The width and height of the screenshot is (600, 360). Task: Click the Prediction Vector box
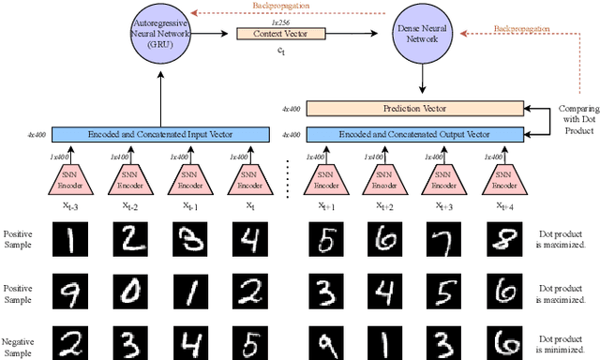[x=416, y=110]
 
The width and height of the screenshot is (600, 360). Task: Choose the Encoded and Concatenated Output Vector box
[x=416, y=135]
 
